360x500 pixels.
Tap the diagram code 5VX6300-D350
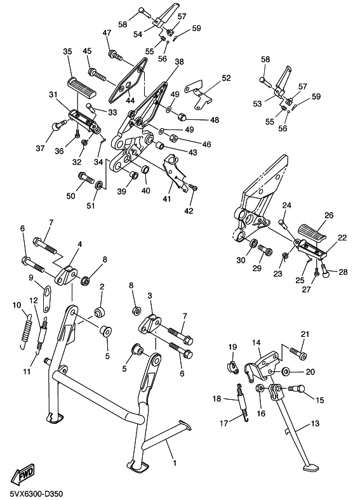coord(36,494)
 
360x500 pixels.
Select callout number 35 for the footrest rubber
coord(67,51)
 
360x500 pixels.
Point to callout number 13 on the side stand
coord(315,424)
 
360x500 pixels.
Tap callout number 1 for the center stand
coord(175,463)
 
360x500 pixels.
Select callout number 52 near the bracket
coord(226,78)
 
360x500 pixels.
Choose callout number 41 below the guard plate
coord(166,199)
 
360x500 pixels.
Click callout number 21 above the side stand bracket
coord(305,334)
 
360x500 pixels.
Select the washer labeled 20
coord(285,371)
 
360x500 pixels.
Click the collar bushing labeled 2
coord(98,312)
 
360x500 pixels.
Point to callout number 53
coord(257,103)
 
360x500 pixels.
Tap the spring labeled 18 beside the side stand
coord(243,404)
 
